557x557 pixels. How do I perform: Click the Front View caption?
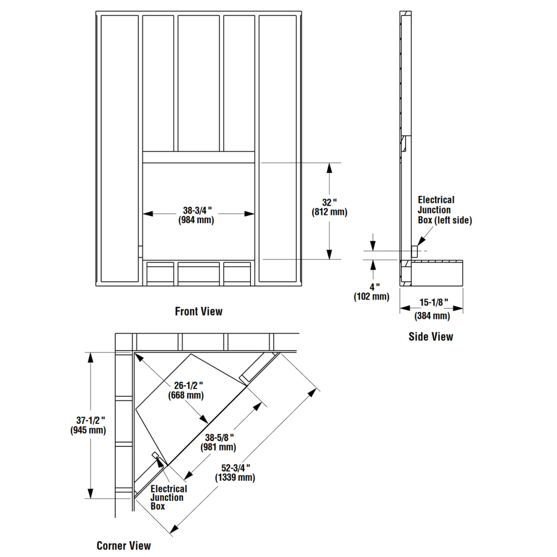(x=199, y=311)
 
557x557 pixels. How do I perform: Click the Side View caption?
(x=431, y=336)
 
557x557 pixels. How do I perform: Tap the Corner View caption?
(x=124, y=545)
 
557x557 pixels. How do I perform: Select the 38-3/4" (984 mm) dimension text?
(x=196, y=215)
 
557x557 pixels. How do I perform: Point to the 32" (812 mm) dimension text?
(x=329, y=207)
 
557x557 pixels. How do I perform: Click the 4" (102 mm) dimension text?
(x=372, y=292)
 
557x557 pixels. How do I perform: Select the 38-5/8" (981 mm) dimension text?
(x=219, y=442)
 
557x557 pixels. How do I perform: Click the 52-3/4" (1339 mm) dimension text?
(x=235, y=473)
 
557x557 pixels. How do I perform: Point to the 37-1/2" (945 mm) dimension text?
(x=88, y=425)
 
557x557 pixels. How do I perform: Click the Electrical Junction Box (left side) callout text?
(x=444, y=210)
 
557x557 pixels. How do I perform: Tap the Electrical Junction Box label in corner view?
(x=168, y=498)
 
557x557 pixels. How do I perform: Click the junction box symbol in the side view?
(x=414, y=252)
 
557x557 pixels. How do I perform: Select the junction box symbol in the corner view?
(x=155, y=455)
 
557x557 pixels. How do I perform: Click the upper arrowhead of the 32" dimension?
(x=329, y=168)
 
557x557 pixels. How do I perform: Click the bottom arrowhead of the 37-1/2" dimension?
(x=90, y=494)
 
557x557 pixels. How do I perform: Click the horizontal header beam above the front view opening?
(x=199, y=157)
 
